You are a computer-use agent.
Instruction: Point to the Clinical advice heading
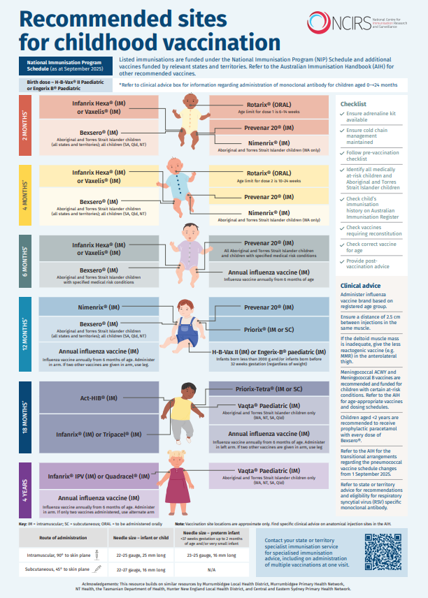360,286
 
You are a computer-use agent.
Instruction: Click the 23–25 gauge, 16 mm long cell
209,555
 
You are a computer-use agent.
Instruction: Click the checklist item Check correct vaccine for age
371,247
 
